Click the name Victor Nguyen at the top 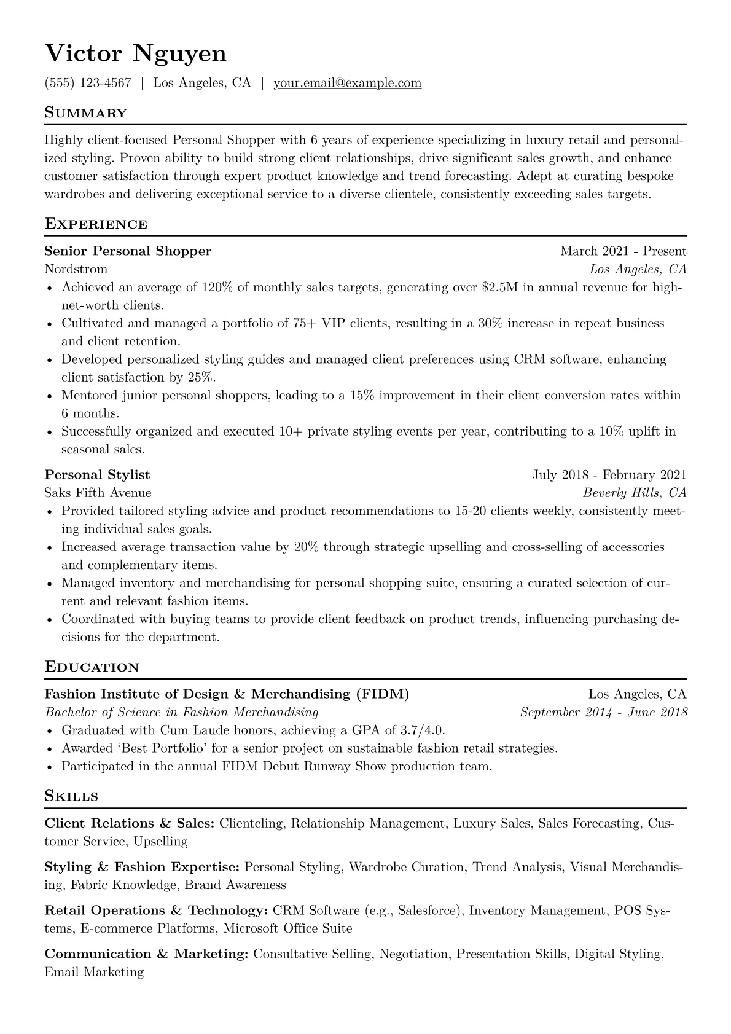pos(136,54)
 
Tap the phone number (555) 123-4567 pos(88,83)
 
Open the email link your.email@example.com pos(347,83)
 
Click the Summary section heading pos(85,113)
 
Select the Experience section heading pos(96,224)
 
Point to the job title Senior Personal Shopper pos(128,251)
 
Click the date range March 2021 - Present pos(623,251)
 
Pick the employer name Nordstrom pos(76,269)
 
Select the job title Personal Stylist pos(97,474)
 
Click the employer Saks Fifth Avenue pos(98,493)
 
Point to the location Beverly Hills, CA pos(635,493)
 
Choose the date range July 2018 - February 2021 pos(609,474)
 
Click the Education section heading pos(92,667)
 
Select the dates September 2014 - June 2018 pos(603,712)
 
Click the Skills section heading pos(71,796)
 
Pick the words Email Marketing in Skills pos(94,972)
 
